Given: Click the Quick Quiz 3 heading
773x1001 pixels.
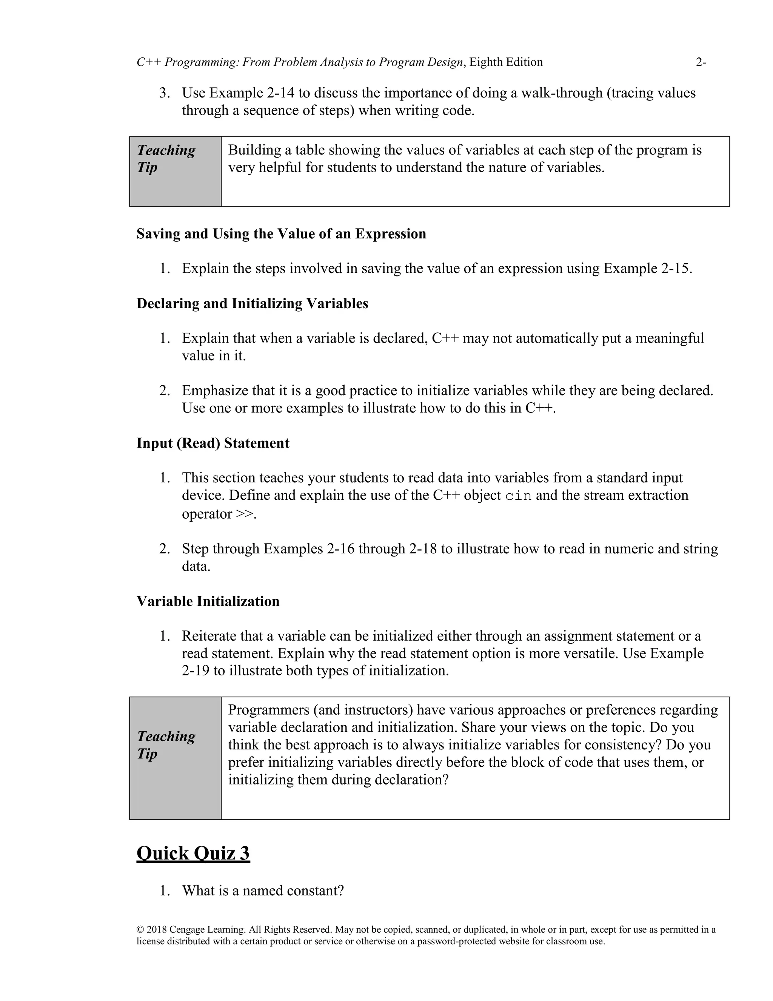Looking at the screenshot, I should (193, 853).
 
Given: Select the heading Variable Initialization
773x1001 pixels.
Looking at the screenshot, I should (208, 601).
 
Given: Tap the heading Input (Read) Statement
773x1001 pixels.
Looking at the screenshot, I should (213, 443).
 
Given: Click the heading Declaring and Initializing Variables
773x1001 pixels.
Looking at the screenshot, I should (253, 303).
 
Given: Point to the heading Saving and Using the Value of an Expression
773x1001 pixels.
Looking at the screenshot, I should (281, 234).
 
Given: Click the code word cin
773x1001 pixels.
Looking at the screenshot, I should (518, 496).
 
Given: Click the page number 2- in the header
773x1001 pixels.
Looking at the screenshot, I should (701, 62).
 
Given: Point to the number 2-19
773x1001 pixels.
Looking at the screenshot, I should (196, 671).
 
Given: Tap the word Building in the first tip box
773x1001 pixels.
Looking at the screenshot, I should (255, 150).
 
